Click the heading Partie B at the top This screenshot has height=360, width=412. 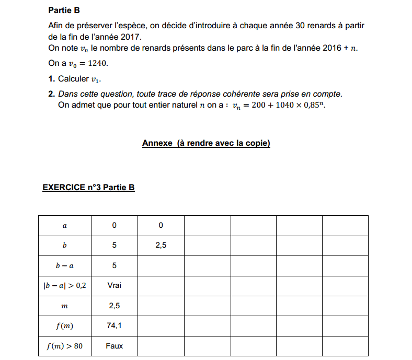(64, 10)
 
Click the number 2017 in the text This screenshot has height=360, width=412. (131, 37)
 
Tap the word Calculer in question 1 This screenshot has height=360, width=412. (73, 79)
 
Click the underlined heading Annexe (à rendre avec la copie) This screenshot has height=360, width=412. (206, 143)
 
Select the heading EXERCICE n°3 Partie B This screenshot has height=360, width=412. (88, 188)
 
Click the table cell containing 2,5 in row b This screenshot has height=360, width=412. (161, 245)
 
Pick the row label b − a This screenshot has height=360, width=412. (65, 265)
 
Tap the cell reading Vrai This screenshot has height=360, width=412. (114, 285)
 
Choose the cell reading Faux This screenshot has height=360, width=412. (114, 346)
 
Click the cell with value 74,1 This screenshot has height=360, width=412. (114, 326)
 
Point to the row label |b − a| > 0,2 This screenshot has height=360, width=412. (65, 285)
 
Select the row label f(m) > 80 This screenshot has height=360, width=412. (65, 346)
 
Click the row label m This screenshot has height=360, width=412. (65, 306)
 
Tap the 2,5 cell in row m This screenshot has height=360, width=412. (114, 306)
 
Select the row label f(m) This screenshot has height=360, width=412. (65, 326)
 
